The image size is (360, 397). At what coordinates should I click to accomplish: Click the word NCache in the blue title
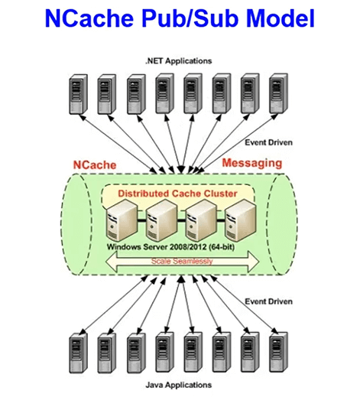[x=89, y=18]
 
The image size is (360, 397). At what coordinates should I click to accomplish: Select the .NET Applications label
[x=179, y=61]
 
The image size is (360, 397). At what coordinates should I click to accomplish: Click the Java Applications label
[x=179, y=385]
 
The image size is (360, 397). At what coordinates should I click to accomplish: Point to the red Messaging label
[x=252, y=164]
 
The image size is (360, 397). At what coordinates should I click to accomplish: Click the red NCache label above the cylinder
[x=95, y=165]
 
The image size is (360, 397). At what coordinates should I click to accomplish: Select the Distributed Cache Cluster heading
[x=177, y=194]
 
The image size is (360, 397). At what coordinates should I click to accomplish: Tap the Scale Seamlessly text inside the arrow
[x=182, y=261]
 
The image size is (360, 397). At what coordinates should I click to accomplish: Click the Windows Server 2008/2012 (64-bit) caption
[x=170, y=247]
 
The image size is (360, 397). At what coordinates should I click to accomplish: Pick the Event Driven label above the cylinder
[x=268, y=142]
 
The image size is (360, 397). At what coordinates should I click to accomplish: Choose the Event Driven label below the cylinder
[x=268, y=301]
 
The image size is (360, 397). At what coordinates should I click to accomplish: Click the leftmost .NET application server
[x=79, y=94]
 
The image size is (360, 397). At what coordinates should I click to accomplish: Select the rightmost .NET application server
[x=279, y=93]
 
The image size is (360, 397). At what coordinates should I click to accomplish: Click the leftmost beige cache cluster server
[x=122, y=221]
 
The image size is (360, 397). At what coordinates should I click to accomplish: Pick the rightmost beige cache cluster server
[x=241, y=221]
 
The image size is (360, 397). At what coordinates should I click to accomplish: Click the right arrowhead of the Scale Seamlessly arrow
[x=254, y=262]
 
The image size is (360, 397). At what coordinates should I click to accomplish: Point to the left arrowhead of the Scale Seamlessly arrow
[x=111, y=262]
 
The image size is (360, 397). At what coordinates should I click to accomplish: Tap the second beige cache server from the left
[x=161, y=221]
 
